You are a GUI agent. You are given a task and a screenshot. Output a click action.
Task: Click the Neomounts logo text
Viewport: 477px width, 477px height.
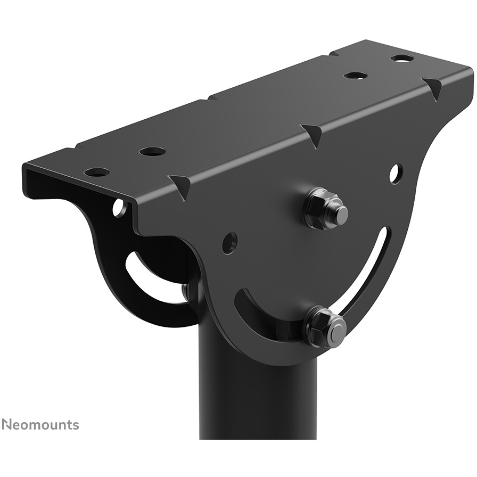(40, 424)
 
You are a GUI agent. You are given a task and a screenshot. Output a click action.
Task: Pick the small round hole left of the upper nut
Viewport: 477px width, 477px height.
(229, 243)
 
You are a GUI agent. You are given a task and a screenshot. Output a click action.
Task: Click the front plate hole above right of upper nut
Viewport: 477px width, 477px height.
(396, 174)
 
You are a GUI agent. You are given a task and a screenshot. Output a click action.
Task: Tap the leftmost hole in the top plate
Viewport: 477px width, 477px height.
(97, 172)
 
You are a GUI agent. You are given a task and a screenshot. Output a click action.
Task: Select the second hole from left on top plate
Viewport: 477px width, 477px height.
(152, 151)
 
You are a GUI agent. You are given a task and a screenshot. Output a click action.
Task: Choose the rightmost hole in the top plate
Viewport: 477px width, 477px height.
(402, 57)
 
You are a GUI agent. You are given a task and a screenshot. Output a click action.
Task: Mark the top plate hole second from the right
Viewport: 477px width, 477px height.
(356, 75)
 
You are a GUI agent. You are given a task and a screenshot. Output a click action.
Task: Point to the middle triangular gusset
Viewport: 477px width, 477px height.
(314, 135)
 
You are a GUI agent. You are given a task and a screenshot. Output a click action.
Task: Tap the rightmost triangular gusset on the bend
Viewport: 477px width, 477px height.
(433, 87)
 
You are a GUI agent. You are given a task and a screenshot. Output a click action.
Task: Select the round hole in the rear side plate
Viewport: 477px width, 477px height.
(119, 208)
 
